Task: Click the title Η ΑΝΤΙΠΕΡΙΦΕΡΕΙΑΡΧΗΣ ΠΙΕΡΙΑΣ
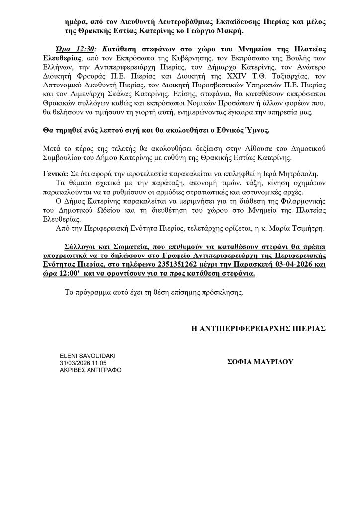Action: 259,329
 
